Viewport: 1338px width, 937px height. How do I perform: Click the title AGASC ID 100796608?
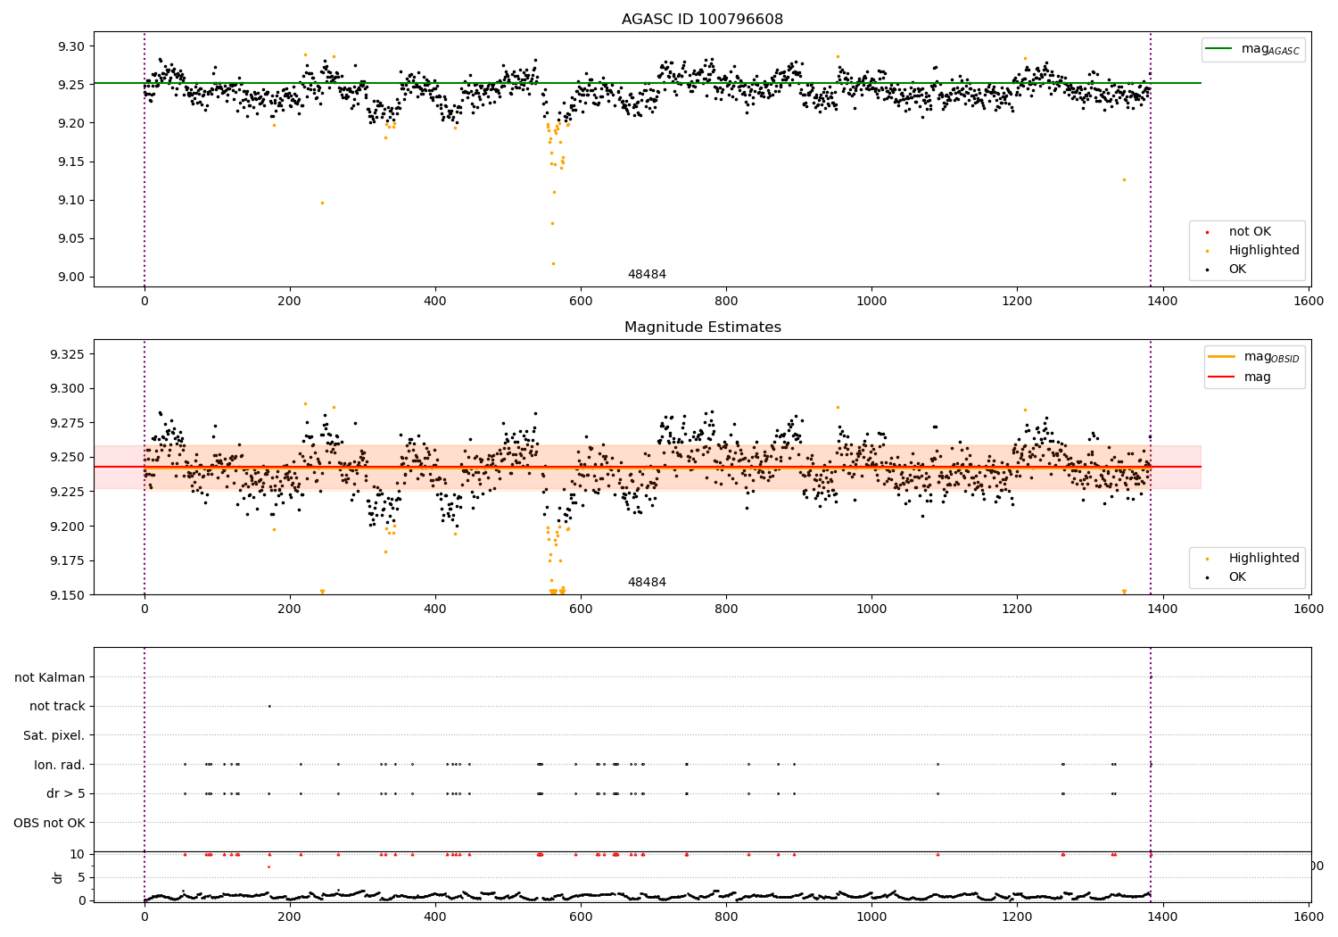[702, 20]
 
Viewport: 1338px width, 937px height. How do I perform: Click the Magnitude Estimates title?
[702, 328]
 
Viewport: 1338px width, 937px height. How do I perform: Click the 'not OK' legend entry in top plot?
[1250, 232]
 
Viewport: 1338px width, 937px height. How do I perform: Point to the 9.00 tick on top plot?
[70, 277]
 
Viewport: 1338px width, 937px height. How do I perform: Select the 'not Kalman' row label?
[50, 677]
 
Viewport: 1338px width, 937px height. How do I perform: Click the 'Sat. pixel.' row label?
[54, 735]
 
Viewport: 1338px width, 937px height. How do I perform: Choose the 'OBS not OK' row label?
[49, 823]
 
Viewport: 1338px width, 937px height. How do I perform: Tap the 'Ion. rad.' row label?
[59, 765]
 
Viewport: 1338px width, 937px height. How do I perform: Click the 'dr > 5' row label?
[65, 793]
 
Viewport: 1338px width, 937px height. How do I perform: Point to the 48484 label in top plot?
[647, 275]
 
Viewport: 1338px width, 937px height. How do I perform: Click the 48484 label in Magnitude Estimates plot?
[647, 583]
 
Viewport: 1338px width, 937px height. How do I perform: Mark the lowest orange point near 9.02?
[553, 263]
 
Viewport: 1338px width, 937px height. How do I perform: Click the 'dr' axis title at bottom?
[58, 877]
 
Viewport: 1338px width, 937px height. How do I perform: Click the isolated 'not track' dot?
[269, 706]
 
